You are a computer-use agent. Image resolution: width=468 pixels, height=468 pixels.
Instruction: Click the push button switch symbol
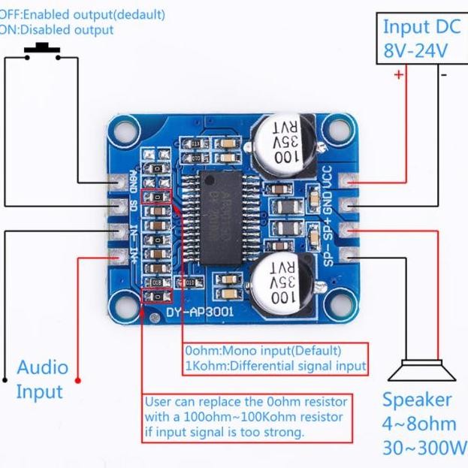point(42,52)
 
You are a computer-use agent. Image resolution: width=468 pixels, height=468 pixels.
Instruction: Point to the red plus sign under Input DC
point(398,74)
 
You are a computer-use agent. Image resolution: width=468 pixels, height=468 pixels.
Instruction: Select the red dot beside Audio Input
point(79,381)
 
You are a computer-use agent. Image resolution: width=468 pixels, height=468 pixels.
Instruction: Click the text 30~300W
point(424,448)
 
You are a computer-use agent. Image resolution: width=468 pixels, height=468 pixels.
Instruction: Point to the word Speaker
point(417,400)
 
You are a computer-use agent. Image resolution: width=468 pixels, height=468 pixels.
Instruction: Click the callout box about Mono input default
point(276,359)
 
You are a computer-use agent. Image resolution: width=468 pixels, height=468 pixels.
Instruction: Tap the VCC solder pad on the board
point(347,180)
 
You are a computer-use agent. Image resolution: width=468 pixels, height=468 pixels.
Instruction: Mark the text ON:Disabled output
point(57,30)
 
